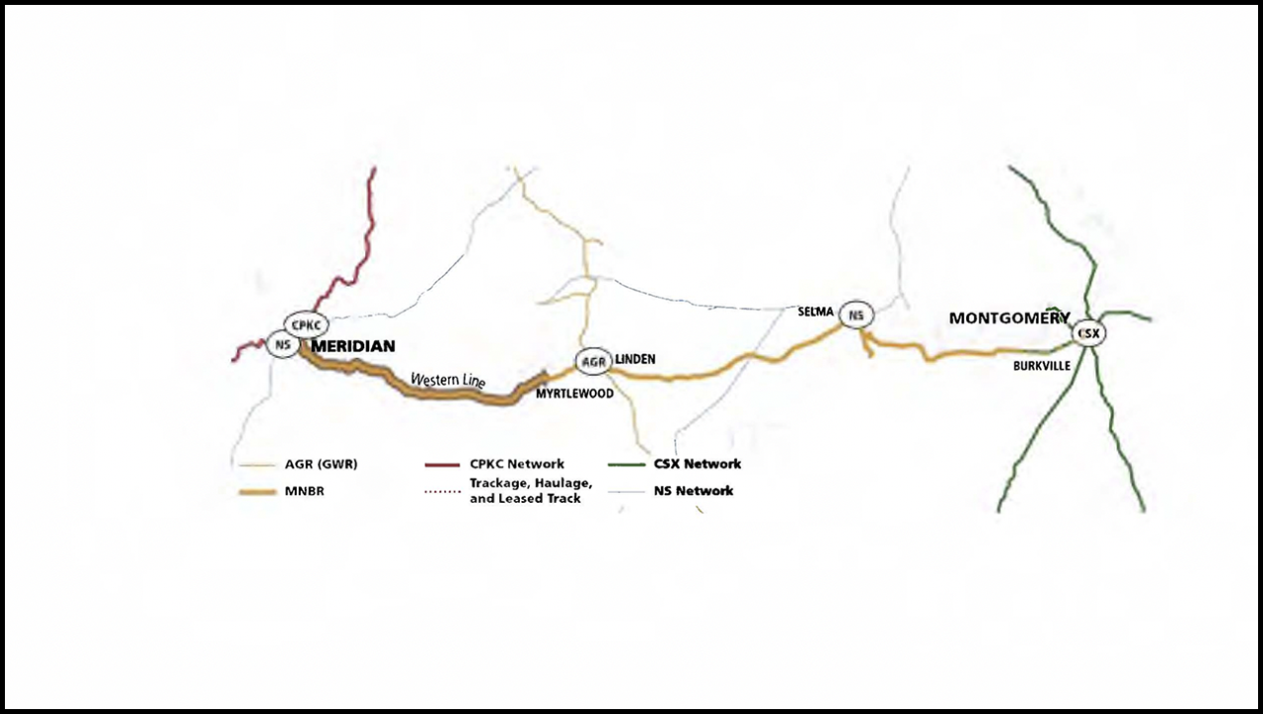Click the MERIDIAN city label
[353, 346]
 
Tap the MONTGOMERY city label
[1008, 319]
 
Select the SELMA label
[816, 312]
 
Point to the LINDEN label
[634, 359]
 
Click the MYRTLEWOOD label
[574, 393]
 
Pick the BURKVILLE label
[1042, 366]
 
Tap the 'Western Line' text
[447, 380]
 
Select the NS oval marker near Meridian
[283, 345]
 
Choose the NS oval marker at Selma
[856, 316]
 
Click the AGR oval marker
[593, 362]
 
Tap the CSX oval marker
[1088, 333]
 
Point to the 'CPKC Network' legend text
[517, 464]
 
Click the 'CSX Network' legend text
[698, 464]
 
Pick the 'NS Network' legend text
[694, 490]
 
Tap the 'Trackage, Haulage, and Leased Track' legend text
[531, 490]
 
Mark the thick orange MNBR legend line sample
[257, 491]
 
